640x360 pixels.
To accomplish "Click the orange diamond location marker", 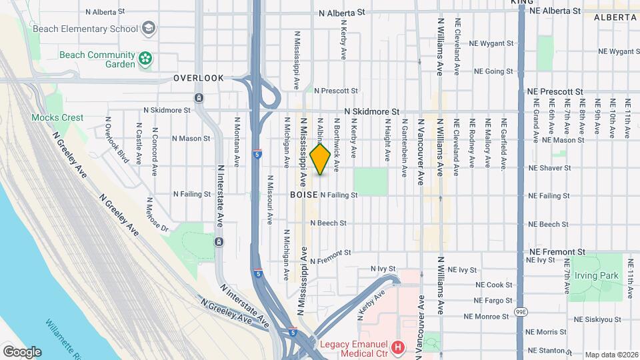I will tap(321, 159).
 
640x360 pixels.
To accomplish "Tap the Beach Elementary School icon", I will tap(148, 27).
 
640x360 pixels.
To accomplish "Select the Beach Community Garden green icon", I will tap(145, 60).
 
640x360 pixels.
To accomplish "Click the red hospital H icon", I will tap(398, 347).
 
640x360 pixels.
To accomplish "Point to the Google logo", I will tap(22, 351).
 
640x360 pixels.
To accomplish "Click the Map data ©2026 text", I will tap(611, 355).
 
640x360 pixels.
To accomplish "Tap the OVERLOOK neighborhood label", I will tap(199, 78).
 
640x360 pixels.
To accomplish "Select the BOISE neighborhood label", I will tap(304, 195).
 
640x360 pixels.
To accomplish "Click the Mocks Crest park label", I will tap(57, 117).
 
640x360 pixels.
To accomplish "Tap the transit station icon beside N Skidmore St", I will tap(199, 98).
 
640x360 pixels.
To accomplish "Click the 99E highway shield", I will tap(521, 311).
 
